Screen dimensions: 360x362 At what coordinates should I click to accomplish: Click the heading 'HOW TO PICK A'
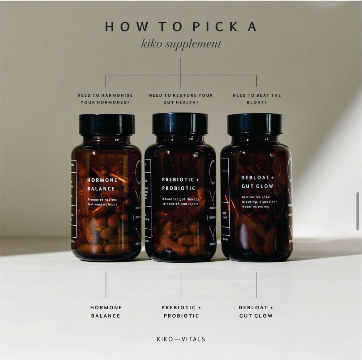[x=181, y=27]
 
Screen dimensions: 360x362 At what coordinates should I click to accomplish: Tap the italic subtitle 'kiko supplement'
[x=181, y=44]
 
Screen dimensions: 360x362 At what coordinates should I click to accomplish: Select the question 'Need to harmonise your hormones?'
[x=105, y=99]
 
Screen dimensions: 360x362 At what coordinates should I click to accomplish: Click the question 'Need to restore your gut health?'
[x=181, y=99]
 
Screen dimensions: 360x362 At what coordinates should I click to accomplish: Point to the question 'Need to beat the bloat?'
[x=257, y=99]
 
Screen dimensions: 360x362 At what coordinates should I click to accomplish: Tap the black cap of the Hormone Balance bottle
[x=107, y=124]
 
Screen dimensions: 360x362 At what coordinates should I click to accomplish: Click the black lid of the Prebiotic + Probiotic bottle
[x=180, y=123]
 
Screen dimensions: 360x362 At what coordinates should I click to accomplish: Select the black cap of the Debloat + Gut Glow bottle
[x=255, y=124]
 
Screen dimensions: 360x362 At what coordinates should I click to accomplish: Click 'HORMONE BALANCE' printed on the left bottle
[x=102, y=184]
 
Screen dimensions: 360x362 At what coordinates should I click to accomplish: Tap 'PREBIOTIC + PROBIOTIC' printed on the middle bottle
[x=179, y=184]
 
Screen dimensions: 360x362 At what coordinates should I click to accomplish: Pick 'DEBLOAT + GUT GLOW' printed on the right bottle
[x=257, y=182]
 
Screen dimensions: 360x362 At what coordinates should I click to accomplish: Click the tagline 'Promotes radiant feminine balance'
[x=102, y=202]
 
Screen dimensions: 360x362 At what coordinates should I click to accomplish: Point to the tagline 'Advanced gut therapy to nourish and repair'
[x=180, y=201]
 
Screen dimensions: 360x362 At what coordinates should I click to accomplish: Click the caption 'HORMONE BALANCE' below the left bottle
[x=106, y=311]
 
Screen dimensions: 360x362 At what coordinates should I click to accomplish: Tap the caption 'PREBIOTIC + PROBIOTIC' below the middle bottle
[x=181, y=311]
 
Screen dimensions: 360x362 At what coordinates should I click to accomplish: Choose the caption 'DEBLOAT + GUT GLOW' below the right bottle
[x=256, y=311]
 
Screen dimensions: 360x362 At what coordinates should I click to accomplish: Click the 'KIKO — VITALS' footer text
[x=181, y=339]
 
